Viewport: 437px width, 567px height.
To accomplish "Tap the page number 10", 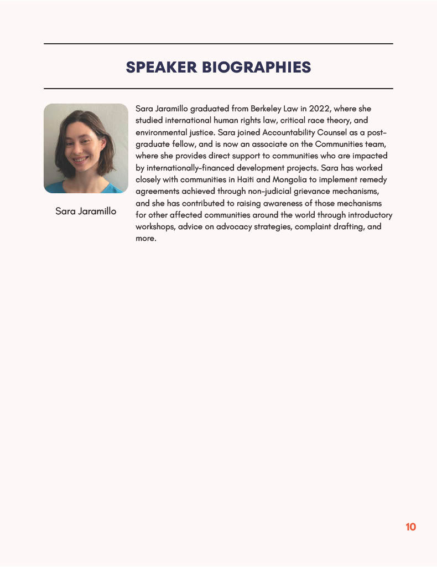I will tap(410, 527).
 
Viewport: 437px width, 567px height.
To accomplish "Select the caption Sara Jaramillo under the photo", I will tap(86, 211).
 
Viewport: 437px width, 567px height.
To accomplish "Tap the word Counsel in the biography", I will tap(337, 132).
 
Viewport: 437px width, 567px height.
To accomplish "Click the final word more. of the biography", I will tap(146, 239).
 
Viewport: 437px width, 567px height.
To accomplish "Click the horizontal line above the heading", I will tap(218, 43).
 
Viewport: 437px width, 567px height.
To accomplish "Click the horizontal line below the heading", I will tap(218, 89).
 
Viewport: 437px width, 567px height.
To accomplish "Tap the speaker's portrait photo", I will tap(86, 148).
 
